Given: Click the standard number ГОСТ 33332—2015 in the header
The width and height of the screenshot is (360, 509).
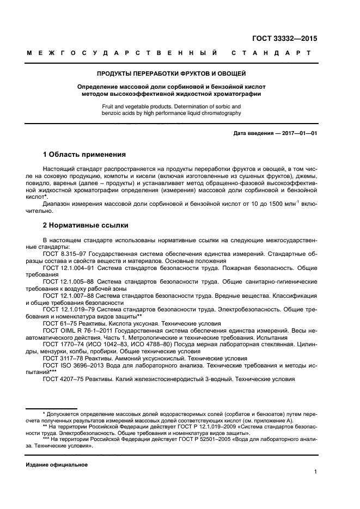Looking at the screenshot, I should (285, 39).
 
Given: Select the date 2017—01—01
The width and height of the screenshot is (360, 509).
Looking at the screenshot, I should (298, 133).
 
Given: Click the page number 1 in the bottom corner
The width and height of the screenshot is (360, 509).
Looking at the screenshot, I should (316, 472).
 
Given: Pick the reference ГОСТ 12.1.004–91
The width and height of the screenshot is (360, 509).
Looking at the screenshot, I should (69, 268).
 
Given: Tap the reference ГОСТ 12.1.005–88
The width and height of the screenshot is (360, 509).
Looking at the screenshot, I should (69, 281).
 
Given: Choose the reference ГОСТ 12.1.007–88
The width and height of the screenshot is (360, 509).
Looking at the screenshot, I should (69, 296).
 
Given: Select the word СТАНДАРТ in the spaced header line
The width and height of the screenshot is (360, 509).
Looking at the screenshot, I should (271, 53).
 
